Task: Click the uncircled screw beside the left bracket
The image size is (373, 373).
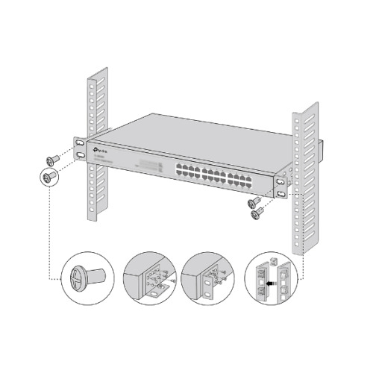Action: tap(53, 159)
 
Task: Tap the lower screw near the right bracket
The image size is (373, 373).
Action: tap(257, 213)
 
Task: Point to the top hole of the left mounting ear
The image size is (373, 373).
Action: tap(78, 142)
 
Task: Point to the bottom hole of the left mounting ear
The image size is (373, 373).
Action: tap(78, 155)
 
